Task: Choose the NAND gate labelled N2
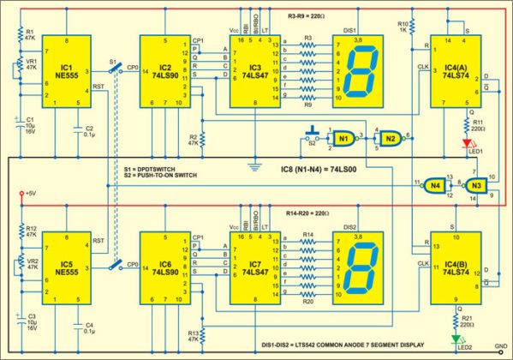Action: (x=391, y=139)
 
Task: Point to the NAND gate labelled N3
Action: (x=475, y=185)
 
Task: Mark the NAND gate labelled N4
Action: (x=436, y=184)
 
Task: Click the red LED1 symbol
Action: (x=468, y=142)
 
